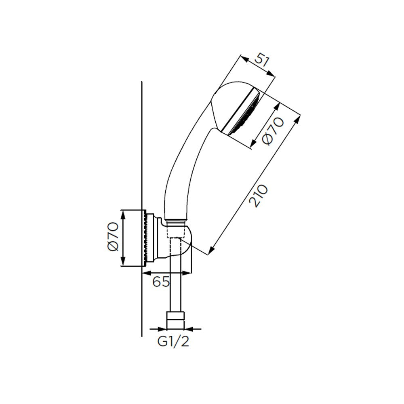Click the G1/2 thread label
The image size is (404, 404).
coord(173,342)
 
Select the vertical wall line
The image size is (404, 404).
coord(142,162)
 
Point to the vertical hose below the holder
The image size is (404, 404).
coord(176,283)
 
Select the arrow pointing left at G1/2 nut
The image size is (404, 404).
coord(189,329)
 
